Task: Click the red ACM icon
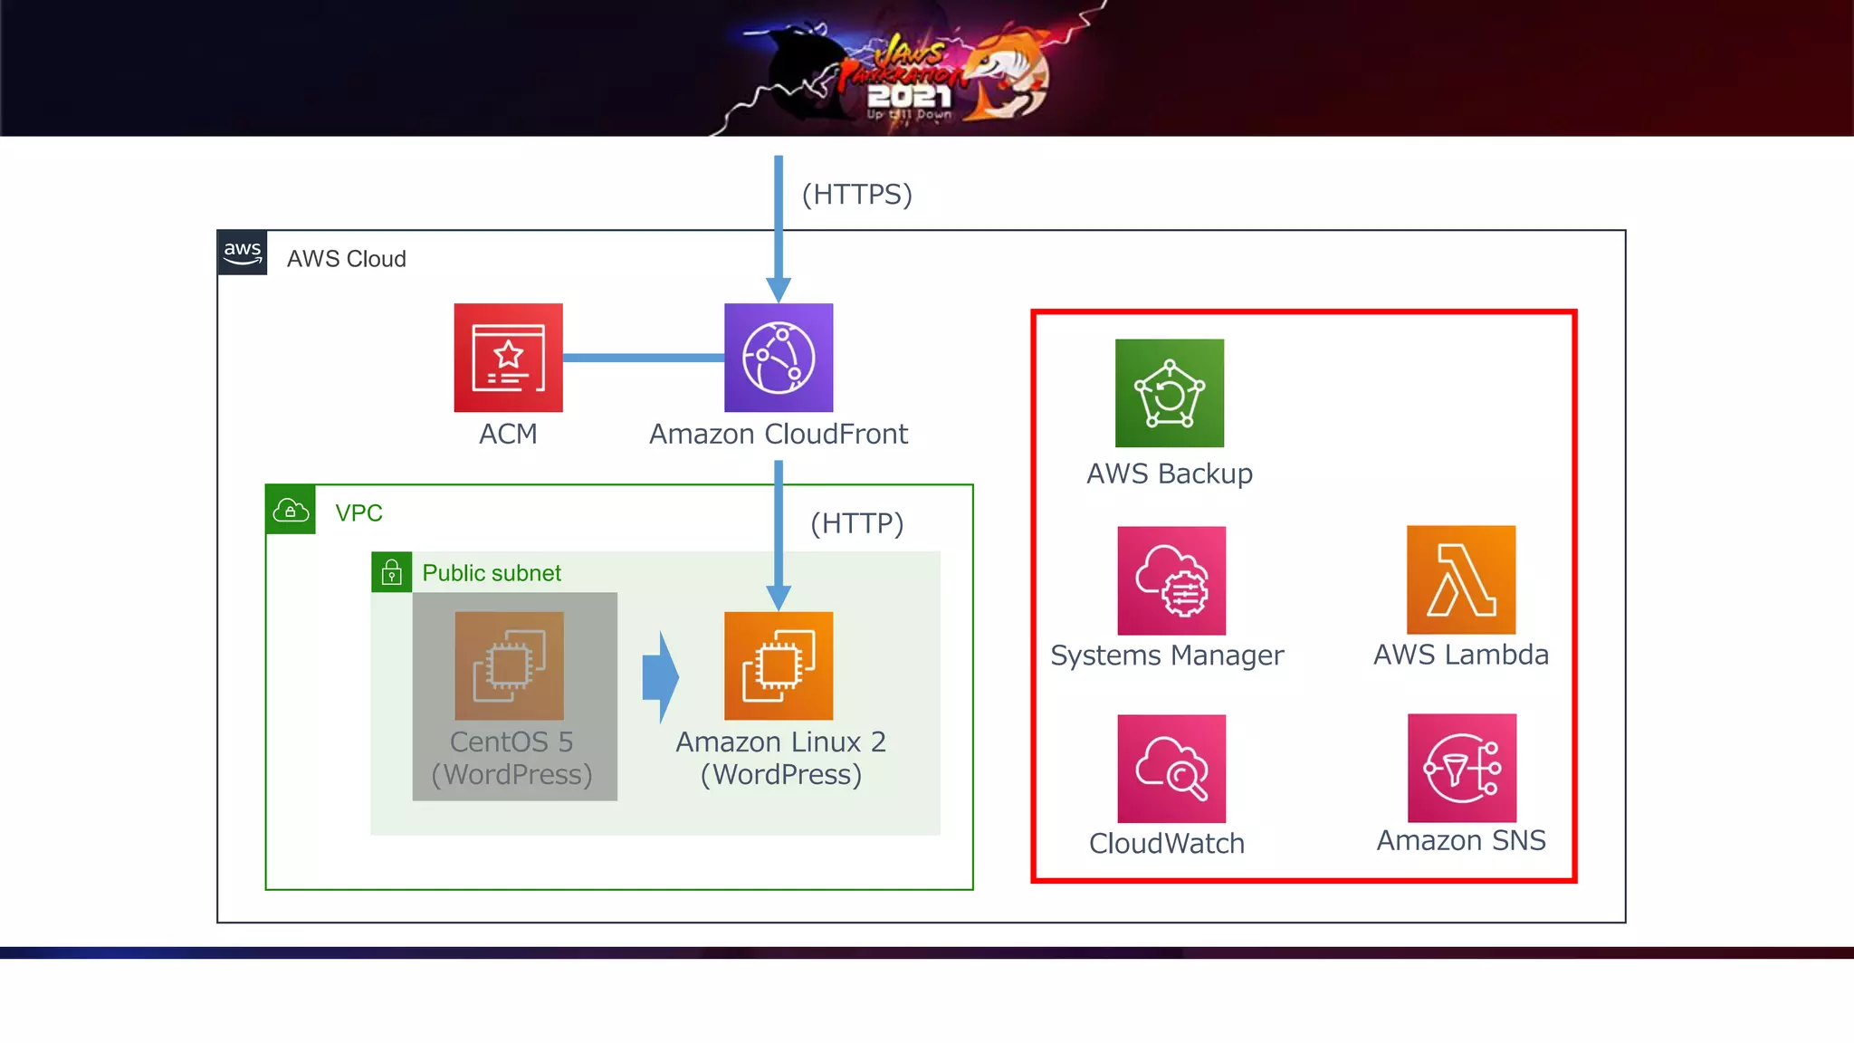[508, 358]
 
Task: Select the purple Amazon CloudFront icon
[779, 358]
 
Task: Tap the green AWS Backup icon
[1170, 393]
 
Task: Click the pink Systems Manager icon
[1171, 580]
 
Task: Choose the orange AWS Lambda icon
[1461, 579]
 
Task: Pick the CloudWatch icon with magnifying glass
[1171, 769]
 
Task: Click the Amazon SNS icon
[1461, 768]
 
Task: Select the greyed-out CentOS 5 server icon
[509, 665]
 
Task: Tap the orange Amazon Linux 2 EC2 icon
[779, 665]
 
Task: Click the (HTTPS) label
[856, 194]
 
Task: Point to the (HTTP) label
[856, 523]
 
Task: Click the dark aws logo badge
[243, 253]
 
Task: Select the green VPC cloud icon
[291, 510]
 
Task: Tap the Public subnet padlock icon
[391, 572]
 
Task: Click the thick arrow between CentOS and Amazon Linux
[661, 676]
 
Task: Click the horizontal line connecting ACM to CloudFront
[643, 358]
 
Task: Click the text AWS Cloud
[346, 259]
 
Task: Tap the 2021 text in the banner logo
[908, 96]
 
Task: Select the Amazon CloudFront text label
[778, 435]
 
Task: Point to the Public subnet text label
[492, 573]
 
